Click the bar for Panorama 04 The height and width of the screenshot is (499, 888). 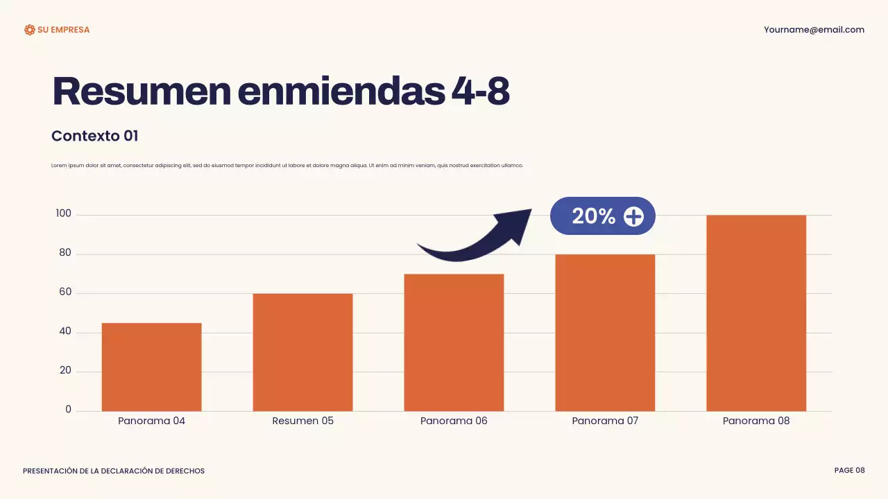click(151, 367)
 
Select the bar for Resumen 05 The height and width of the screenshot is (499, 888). click(302, 352)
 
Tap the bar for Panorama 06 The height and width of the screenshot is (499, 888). click(454, 342)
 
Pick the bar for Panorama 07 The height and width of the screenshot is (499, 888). click(605, 333)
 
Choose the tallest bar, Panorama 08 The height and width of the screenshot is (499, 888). click(756, 313)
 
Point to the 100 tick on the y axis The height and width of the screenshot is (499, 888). click(64, 214)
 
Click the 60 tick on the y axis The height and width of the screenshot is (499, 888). click(65, 292)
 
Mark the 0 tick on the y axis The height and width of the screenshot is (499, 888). click(68, 410)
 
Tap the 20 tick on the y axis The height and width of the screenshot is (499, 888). click(65, 371)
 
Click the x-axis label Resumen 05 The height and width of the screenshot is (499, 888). click(302, 421)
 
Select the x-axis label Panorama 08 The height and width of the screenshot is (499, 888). click(756, 421)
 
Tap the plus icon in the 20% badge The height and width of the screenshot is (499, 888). click(633, 217)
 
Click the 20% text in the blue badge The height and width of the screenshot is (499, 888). click(593, 216)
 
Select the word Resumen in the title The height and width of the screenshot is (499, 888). click(142, 91)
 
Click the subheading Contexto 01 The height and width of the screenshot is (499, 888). click(95, 136)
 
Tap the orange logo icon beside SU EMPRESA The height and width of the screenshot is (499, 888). click(29, 30)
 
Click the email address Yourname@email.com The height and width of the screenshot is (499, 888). click(814, 30)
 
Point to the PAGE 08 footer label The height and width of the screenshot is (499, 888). click(849, 471)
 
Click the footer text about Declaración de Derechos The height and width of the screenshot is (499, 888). click(114, 471)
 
